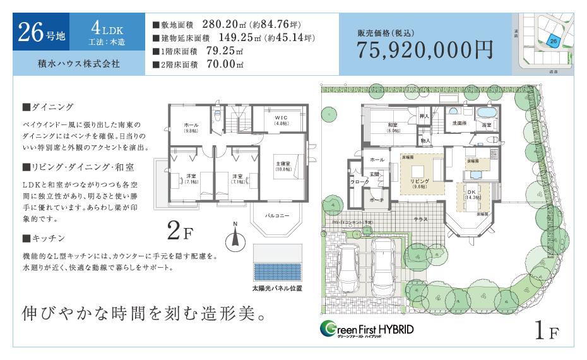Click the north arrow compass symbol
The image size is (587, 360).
click(235, 237)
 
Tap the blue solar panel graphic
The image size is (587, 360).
click(278, 263)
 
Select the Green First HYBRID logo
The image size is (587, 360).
click(366, 329)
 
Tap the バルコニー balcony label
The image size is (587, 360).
click(277, 216)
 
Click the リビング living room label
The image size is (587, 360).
click(419, 183)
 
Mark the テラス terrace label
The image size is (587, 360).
click(420, 219)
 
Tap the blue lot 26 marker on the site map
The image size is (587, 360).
click(554, 40)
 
